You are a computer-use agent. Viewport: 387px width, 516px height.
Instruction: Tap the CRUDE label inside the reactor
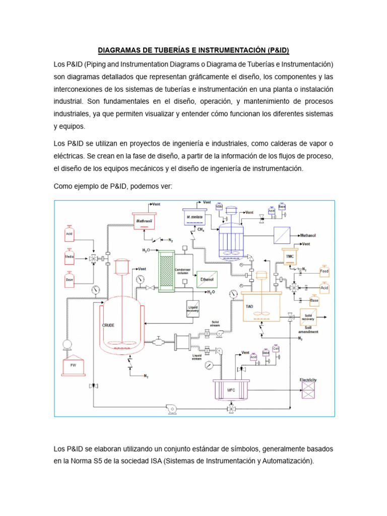[108, 325]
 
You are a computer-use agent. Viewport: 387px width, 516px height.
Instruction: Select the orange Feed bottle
[325, 272]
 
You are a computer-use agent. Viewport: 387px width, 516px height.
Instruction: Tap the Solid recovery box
[308, 317]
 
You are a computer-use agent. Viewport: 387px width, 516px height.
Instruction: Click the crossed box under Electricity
[308, 390]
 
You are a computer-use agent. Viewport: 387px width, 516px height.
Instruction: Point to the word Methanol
[308, 235]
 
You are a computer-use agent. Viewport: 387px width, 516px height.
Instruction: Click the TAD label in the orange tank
[249, 306]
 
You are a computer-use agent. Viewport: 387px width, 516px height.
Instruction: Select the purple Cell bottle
[276, 349]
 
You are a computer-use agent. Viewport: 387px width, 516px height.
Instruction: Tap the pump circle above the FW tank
[66, 345]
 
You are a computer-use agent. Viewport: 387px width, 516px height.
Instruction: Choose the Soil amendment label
[308, 330]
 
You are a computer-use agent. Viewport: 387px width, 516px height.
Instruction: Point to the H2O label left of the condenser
[146, 250]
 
